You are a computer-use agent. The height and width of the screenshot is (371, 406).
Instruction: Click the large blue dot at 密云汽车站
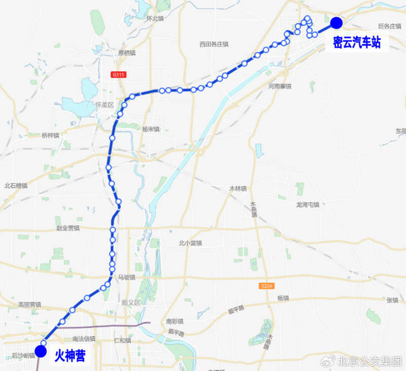tap(336, 23)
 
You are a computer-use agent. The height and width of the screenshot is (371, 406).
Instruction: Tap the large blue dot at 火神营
tap(41, 351)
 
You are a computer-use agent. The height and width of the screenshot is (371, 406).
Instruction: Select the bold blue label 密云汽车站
tap(357, 42)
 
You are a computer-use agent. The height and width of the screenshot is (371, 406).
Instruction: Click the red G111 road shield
tap(119, 75)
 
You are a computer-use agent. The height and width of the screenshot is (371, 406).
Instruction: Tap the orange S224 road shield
tap(267, 286)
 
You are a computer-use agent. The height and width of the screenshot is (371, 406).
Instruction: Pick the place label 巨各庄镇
tap(389, 26)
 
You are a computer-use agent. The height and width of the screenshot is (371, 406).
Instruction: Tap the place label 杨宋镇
tap(150, 129)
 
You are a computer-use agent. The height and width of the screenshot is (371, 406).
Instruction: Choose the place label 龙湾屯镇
tap(307, 204)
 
